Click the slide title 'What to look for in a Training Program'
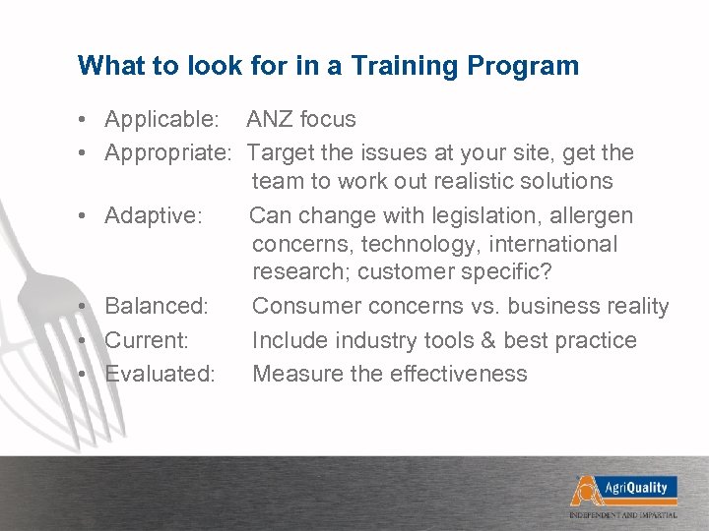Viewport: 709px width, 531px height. click(x=328, y=66)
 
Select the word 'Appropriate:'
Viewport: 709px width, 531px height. click(x=168, y=152)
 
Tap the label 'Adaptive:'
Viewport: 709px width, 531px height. click(x=154, y=214)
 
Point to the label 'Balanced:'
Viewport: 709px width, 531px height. click(x=157, y=307)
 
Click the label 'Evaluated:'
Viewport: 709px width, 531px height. click(x=160, y=374)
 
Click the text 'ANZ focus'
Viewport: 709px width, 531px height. click(x=301, y=120)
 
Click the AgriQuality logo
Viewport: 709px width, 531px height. click(x=622, y=488)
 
